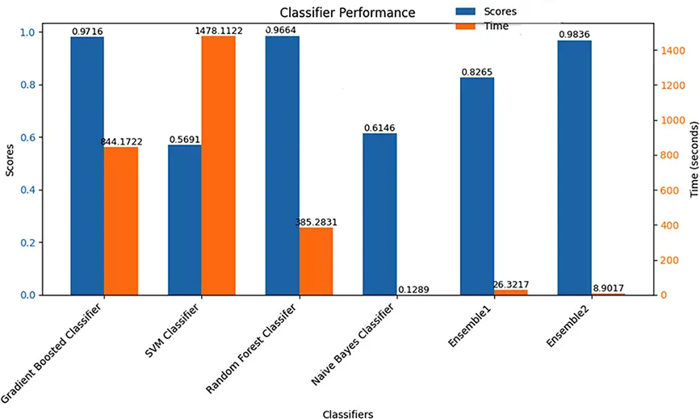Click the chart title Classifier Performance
[x=347, y=13]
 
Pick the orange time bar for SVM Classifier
[x=218, y=166]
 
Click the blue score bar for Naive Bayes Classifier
[x=379, y=214]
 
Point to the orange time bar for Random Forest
[x=316, y=262]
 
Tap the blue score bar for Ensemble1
[x=477, y=186]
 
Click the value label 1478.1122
[x=219, y=31]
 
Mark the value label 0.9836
[x=575, y=35]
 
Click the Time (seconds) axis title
[x=693, y=161]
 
